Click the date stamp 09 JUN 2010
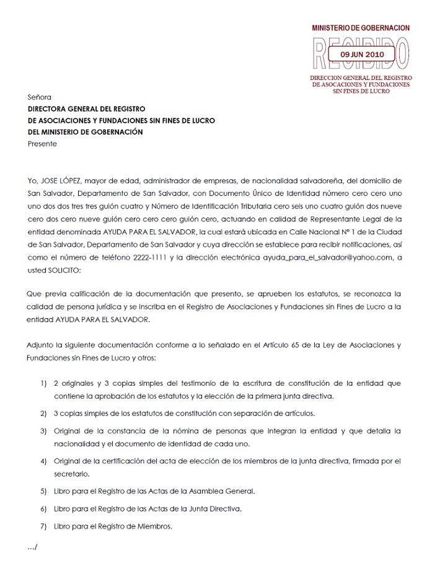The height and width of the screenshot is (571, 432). click(x=363, y=55)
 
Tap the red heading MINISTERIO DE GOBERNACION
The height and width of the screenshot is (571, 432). click(x=360, y=29)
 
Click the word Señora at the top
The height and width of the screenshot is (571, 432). click(x=40, y=97)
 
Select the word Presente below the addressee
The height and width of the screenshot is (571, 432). click(x=42, y=144)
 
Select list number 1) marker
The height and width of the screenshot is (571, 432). click(x=43, y=384)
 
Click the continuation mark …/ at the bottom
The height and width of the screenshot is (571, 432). click(x=33, y=547)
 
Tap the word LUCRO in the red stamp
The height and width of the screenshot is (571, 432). click(x=378, y=91)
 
